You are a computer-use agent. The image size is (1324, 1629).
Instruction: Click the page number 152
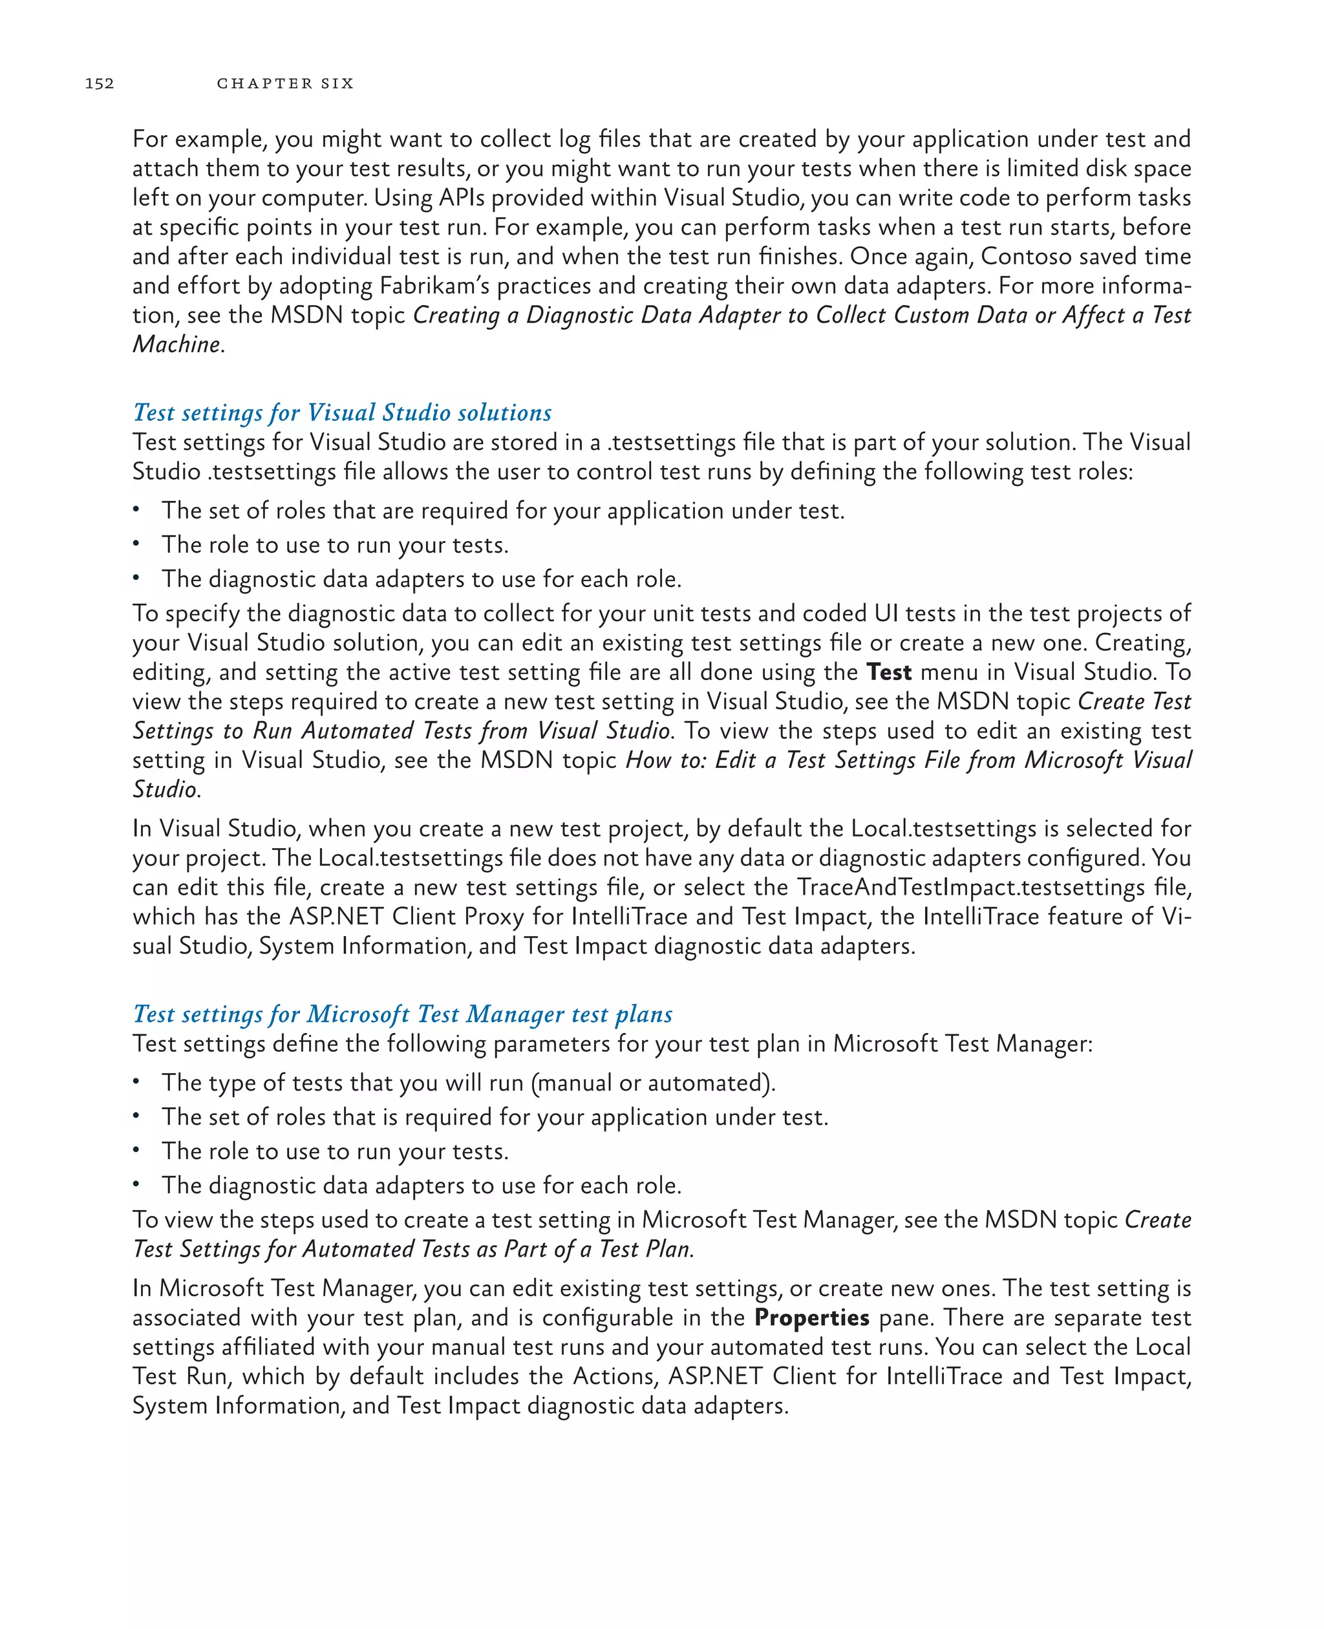(99, 83)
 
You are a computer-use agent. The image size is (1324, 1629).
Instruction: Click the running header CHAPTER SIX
(285, 83)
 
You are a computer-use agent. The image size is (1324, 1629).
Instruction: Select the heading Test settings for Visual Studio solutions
(342, 412)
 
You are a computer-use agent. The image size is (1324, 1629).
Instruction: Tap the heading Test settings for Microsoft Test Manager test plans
(403, 1014)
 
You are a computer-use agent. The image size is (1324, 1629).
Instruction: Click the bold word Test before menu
(888, 672)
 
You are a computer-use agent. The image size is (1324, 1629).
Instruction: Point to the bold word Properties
(811, 1318)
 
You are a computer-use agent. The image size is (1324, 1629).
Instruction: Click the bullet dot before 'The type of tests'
(136, 1081)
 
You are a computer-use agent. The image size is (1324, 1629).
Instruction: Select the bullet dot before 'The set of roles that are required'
(136, 509)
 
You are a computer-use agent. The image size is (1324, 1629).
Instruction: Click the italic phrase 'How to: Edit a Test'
(725, 760)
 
